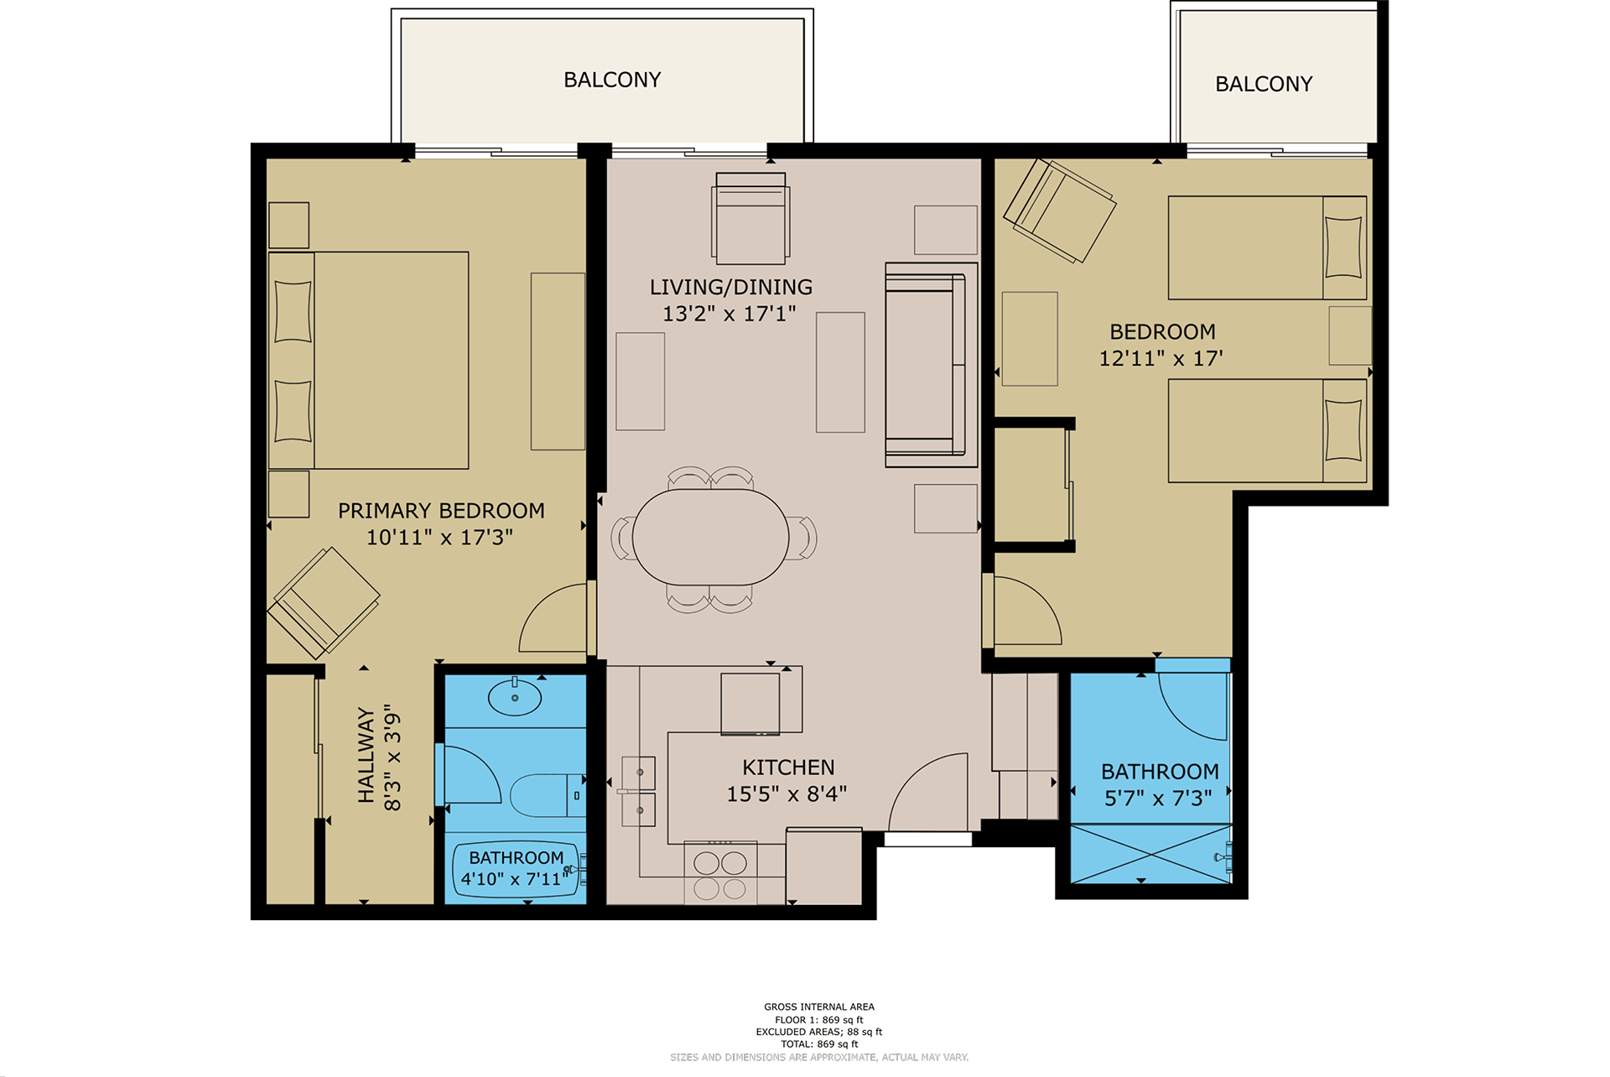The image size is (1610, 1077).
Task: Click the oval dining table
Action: pyautogui.click(x=710, y=537)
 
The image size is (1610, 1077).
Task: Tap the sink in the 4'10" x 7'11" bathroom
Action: pyautogui.click(x=515, y=697)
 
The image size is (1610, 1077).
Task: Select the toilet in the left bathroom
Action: pyautogui.click(x=548, y=795)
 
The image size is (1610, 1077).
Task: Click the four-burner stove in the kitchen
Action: pyautogui.click(x=720, y=873)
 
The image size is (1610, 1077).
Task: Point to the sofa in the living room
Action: pyautogui.click(x=931, y=365)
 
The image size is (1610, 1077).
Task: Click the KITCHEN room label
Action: pyautogui.click(x=788, y=767)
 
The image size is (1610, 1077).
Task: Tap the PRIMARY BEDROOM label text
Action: pyautogui.click(x=441, y=511)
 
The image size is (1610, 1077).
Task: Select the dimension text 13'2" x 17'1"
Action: pyautogui.click(x=730, y=314)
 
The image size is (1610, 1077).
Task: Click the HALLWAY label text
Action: pyautogui.click(x=366, y=755)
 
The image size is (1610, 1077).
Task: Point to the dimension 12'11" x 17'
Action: pyautogui.click(x=1161, y=358)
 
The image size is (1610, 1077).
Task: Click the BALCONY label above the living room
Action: pyautogui.click(x=612, y=80)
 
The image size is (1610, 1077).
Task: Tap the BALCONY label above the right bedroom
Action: pyautogui.click(x=1264, y=84)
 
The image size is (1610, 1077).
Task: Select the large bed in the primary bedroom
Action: pyautogui.click(x=368, y=360)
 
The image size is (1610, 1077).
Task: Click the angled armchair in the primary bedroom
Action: pyautogui.click(x=323, y=602)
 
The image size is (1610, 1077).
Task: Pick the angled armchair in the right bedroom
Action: pyautogui.click(x=1060, y=211)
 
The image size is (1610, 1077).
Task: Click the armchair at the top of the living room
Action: pyautogui.click(x=750, y=218)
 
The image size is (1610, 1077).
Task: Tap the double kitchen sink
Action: pyautogui.click(x=638, y=791)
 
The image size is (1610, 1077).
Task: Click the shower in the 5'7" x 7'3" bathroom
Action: pyautogui.click(x=1151, y=854)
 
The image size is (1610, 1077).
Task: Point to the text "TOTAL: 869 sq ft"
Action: pyautogui.click(x=819, y=1044)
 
